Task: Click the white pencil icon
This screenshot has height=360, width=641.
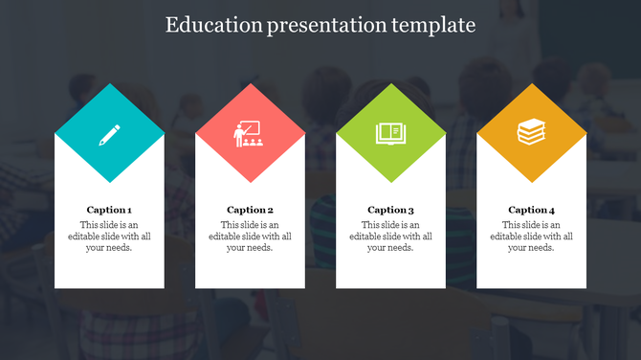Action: (109, 133)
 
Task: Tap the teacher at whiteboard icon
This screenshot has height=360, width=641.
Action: (250, 133)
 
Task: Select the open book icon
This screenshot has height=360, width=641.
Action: (390, 133)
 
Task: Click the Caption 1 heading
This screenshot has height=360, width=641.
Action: (109, 210)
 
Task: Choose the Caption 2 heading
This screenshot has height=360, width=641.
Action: (250, 210)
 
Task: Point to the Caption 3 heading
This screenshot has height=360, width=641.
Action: (390, 210)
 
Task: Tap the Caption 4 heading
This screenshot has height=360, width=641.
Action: (531, 210)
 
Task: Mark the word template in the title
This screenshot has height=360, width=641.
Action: (434, 26)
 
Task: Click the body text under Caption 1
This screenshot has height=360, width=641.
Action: (109, 236)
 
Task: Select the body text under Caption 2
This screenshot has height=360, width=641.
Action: (250, 236)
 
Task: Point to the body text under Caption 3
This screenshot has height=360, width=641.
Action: (390, 236)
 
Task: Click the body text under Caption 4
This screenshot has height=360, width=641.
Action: (531, 236)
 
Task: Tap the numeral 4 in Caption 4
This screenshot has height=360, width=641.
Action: (551, 210)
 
